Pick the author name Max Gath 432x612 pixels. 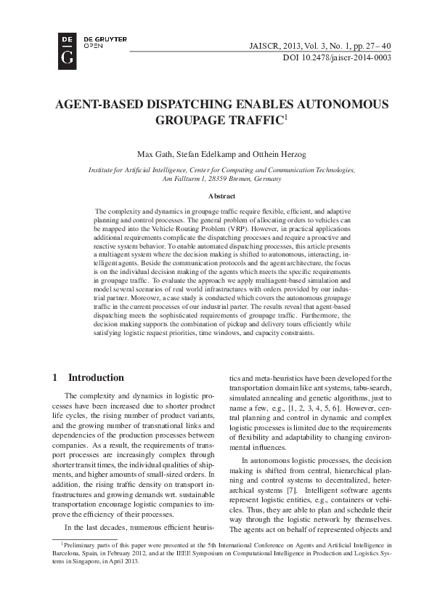click(x=153, y=154)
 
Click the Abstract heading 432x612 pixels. click(x=221, y=196)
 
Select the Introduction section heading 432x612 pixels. click(x=96, y=377)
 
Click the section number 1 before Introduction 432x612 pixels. click(x=56, y=377)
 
